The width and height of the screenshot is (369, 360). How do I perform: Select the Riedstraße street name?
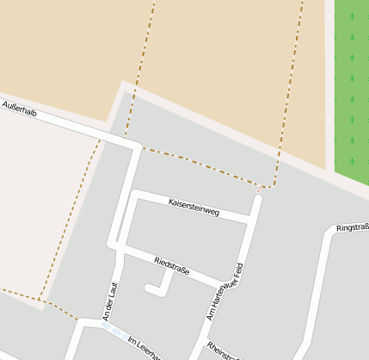coord(171,263)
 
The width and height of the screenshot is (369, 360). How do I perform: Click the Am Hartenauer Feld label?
coord(226,291)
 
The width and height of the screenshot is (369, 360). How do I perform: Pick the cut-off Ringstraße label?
coord(353,228)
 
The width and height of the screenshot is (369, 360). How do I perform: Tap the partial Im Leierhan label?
coord(145,348)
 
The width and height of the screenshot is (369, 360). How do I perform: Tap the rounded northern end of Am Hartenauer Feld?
coord(257,199)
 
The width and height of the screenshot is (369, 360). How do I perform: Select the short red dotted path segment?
coord(259,189)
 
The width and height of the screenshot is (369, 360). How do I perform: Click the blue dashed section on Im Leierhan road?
coord(111,329)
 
